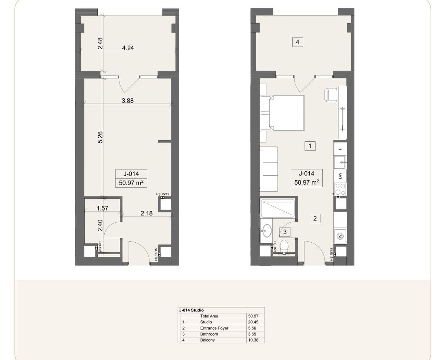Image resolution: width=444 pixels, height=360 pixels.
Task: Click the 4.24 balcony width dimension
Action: coord(128,48)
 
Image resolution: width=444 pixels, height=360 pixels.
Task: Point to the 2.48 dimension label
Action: coord(100,43)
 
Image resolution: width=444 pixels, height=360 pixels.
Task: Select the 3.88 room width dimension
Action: coord(128,101)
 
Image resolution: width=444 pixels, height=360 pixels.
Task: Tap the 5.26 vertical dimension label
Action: coord(100,137)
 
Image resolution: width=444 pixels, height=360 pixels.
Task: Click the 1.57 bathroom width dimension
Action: coord(102,208)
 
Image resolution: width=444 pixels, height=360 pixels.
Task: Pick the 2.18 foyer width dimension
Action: coord(147,213)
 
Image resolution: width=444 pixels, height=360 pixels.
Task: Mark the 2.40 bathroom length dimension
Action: coord(100,225)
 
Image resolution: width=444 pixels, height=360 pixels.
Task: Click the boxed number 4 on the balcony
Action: coord(297,42)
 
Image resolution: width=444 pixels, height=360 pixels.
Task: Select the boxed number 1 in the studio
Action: coord(310,146)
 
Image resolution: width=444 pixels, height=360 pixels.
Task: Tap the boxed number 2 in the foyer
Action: coord(315,218)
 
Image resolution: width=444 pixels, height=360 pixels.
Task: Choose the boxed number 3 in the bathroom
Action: coord(285,232)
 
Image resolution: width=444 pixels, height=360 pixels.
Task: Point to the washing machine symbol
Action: coord(340,236)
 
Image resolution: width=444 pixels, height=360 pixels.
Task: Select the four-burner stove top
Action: coord(340,189)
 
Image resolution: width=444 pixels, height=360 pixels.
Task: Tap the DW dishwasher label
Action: coord(340,176)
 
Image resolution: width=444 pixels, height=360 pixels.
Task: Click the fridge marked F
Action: coord(340,149)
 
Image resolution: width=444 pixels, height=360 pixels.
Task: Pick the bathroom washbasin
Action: coord(267,231)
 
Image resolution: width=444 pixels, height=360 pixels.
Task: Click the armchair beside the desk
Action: coord(331,95)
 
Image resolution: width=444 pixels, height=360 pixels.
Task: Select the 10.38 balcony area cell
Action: coord(253,340)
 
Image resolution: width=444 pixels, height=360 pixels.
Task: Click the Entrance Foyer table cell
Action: coord(214,328)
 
